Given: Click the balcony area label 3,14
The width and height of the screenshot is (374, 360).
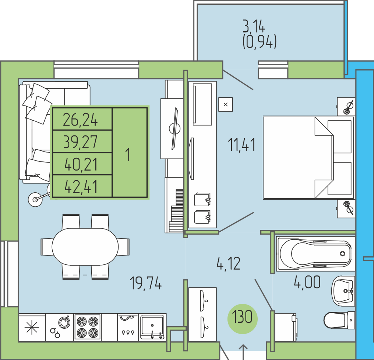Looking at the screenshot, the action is coord(254,26).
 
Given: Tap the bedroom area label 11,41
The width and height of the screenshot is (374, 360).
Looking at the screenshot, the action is coord(241,145).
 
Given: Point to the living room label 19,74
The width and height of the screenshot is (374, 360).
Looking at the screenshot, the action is coord(146,283).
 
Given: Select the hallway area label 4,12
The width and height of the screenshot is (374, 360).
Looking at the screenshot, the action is coord(229,264).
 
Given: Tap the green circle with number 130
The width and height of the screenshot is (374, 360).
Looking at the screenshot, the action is coord(242,318).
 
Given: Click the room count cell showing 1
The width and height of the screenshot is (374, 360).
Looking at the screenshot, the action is coord(130,153).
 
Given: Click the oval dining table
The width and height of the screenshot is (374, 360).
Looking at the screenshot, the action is coord(85,247).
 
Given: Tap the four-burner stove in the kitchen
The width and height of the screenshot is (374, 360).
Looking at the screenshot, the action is coord(87,327).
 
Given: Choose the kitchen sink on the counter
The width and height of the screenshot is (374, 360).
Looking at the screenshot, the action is coord(152,327).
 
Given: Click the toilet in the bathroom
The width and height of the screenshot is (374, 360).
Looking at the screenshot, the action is coord(339,320).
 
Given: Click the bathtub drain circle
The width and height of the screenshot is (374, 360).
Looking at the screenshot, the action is coord(342,254).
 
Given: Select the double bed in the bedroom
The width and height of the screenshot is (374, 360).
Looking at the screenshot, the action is coord(308,158).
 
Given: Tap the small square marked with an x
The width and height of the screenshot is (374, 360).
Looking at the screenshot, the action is coord(225,104).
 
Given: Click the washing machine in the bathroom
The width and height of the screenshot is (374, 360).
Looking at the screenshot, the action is coord(285,327).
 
